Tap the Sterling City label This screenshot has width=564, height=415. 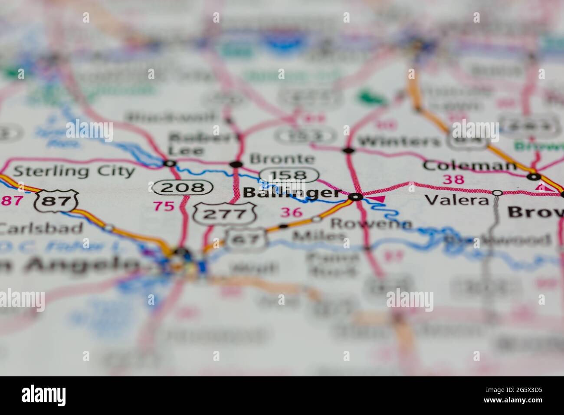click(x=74, y=171)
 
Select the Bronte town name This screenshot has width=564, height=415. click(x=282, y=159)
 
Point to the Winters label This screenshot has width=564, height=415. click(x=400, y=142)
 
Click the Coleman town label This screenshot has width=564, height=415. click(x=469, y=165)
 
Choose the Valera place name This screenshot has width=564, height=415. click(x=456, y=200)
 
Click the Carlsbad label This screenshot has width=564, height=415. click(x=41, y=227)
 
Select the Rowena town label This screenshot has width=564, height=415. click(x=371, y=224)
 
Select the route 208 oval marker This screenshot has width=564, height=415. click(x=183, y=188)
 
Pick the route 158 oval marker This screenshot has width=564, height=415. click(x=289, y=175)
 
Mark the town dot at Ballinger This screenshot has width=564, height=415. click(x=356, y=197)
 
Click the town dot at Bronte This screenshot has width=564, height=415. click(x=236, y=164)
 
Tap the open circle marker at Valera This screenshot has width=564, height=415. click(x=498, y=192)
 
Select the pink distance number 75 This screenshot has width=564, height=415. click(x=164, y=206)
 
